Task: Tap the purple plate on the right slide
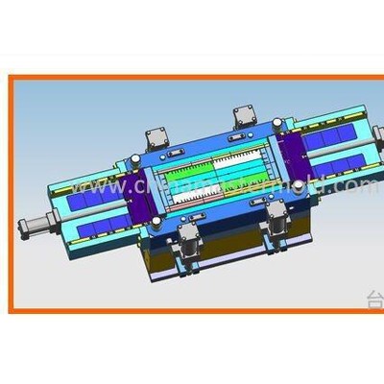coord(294,156)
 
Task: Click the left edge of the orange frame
coord(12,192)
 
